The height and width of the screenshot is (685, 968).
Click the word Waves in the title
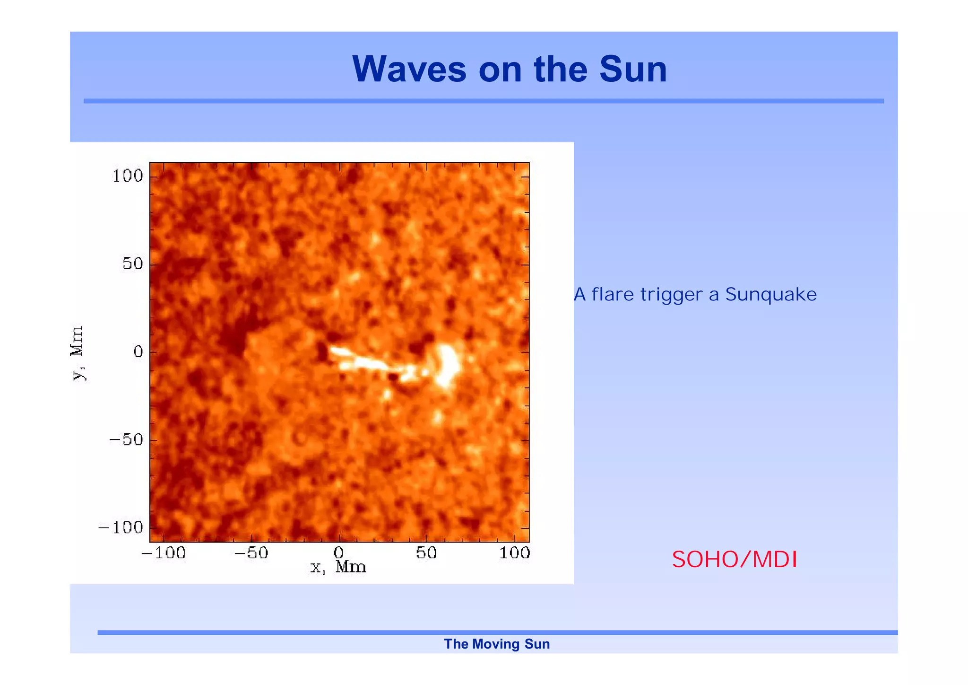point(409,69)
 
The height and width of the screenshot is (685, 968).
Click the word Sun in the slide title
point(633,69)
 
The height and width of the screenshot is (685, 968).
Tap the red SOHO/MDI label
point(734,559)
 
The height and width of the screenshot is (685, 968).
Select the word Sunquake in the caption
point(771,294)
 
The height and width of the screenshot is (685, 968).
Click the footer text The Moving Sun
point(497,644)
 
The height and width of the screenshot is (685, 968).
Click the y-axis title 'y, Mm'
point(77,352)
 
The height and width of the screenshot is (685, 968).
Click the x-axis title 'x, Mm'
point(338,567)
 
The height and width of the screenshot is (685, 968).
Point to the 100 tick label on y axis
point(127,176)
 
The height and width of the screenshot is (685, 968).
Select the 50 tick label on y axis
point(132,263)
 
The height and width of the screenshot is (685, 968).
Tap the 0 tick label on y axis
point(138,351)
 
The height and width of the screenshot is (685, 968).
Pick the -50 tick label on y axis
point(126,439)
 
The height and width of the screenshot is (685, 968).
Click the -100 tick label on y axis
point(121,527)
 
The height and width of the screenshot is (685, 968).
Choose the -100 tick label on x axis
point(163,553)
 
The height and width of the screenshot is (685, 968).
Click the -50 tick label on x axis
point(251,553)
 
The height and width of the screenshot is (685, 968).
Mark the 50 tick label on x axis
point(426,553)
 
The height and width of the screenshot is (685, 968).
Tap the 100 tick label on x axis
point(514,553)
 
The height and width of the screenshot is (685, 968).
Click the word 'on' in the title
point(500,69)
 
